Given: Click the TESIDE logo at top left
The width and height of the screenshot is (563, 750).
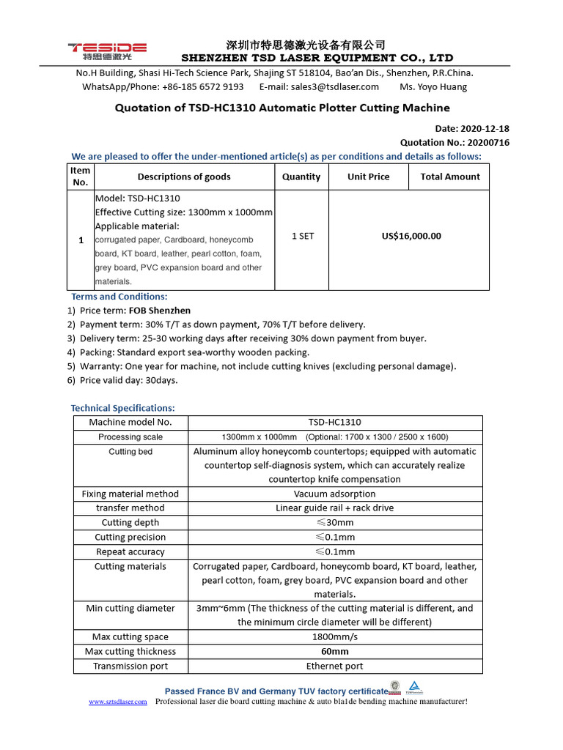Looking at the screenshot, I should pos(107,51).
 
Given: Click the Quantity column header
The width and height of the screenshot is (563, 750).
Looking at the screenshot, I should pos(301,177).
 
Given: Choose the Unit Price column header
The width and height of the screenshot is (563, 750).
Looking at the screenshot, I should pos(369,177).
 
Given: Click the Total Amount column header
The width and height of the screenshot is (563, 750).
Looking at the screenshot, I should pos(450,177).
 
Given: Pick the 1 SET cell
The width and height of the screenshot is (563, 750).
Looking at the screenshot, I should pos(301,236).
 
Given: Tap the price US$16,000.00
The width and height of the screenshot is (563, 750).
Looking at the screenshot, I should pos(412,236).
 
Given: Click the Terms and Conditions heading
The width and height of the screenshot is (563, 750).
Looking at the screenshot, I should pos(119,297).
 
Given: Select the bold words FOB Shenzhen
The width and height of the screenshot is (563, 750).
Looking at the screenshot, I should pos(160,311).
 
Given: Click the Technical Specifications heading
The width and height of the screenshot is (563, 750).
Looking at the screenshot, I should pos(122,408).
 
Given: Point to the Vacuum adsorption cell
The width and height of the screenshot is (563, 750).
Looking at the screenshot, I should pos(334,494).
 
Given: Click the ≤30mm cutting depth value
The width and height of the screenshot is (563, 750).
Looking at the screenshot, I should pos(334,522).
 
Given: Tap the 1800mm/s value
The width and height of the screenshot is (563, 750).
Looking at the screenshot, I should pos(334,636).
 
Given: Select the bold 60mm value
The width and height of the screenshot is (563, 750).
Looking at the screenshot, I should pos(334,651).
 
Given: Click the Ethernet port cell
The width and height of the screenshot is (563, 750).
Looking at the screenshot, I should pos(334,666).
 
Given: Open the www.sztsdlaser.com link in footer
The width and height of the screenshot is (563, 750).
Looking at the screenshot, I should pos(118,702).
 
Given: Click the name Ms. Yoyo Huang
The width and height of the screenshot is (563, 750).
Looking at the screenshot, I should pos(433,86).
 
